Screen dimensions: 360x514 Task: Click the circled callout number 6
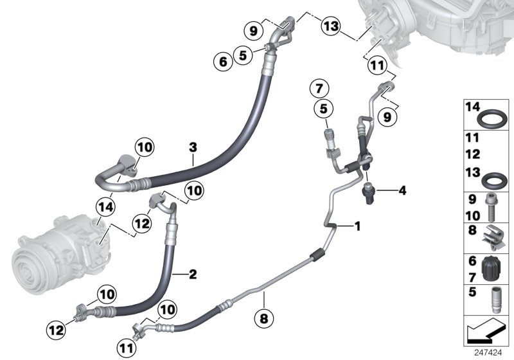coord(223,62)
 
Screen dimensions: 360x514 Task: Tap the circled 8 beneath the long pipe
coord(263,316)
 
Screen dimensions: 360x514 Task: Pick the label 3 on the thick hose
coord(193,148)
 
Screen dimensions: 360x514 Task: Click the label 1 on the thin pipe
coord(357,226)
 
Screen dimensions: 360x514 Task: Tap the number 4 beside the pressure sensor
coord(402,190)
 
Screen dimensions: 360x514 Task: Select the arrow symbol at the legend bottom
coord(485,332)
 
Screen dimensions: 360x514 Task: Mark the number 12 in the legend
coord(473,154)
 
